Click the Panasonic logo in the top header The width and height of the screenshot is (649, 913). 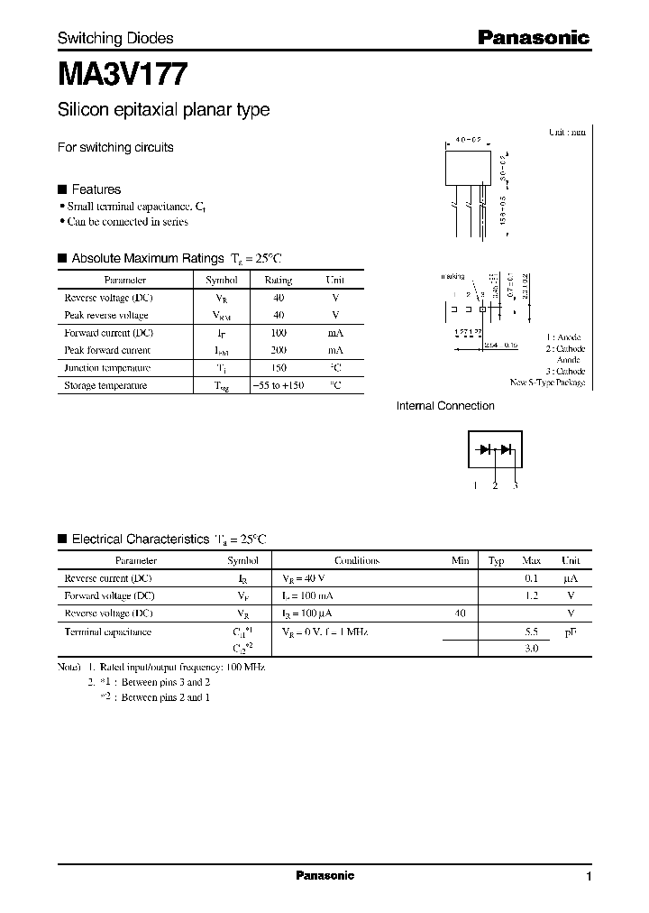(533, 37)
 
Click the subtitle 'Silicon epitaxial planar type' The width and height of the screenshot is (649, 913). (163, 110)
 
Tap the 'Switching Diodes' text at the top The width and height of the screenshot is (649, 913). (115, 38)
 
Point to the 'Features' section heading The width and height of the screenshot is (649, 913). (96, 189)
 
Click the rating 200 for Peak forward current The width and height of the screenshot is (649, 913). (278, 350)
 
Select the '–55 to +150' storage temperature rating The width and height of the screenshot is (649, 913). (278, 385)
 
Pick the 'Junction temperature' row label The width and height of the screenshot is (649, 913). (107, 368)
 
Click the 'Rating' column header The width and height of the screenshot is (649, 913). (278, 281)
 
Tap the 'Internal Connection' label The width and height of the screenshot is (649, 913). (445, 406)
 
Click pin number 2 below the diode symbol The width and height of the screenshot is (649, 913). (495, 486)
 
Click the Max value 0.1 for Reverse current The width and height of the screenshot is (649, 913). (531, 578)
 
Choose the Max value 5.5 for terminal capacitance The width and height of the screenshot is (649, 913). (531, 632)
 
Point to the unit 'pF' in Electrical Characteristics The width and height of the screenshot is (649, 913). (570, 632)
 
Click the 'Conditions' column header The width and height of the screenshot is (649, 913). (356, 560)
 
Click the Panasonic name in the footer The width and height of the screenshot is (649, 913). (324, 876)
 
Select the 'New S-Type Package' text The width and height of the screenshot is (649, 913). (547, 383)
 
